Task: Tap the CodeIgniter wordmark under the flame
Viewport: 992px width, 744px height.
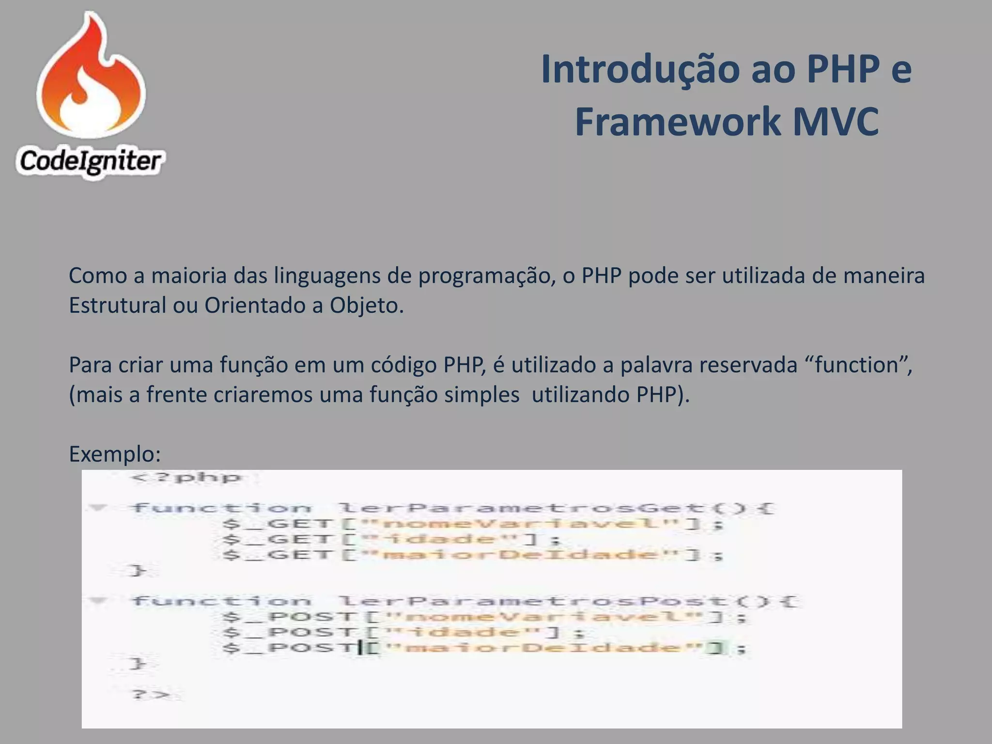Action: (x=90, y=161)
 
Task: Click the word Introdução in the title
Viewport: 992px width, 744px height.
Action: (x=640, y=69)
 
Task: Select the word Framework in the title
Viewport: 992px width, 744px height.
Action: (x=677, y=122)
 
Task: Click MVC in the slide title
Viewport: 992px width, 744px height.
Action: (x=835, y=122)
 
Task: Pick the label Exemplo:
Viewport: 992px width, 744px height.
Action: (x=115, y=454)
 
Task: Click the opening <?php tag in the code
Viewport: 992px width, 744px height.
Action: (x=186, y=478)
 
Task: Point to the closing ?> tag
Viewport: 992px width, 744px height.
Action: (x=151, y=695)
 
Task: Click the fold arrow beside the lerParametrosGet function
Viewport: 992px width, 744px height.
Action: (x=98, y=508)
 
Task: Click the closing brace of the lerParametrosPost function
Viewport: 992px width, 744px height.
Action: (x=138, y=663)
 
